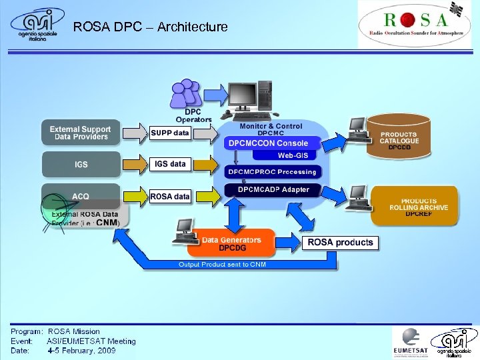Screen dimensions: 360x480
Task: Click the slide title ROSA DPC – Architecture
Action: (150, 27)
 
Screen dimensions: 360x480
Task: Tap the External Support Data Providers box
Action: (81, 133)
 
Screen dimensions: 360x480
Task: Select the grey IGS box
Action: (81, 164)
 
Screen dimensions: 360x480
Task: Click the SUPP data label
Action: (169, 133)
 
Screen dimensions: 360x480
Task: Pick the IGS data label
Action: (170, 163)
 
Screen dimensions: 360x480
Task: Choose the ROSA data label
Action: (170, 196)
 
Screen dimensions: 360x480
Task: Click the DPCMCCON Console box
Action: (268, 143)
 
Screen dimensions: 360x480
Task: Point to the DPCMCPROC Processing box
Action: (272, 172)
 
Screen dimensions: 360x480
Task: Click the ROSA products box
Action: (340, 242)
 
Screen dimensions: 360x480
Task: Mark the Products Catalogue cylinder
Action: (399, 136)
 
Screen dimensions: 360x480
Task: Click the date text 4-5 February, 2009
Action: (81, 350)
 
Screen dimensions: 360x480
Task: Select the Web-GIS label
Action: (293, 155)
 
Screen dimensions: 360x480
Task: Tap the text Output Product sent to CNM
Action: (222, 265)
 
